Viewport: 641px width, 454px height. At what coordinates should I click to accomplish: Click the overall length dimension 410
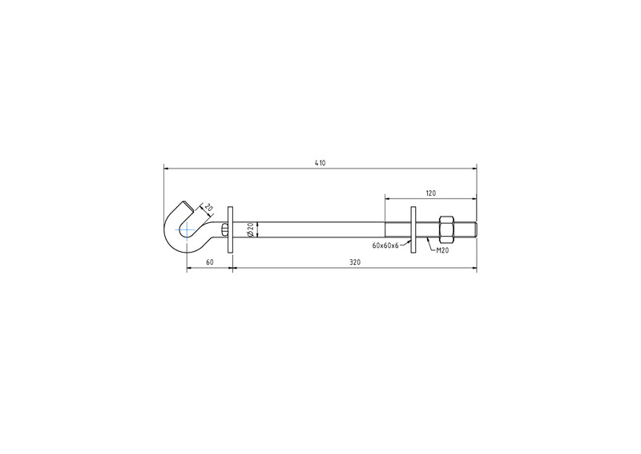click(320, 163)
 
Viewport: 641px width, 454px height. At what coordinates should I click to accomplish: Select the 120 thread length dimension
click(431, 193)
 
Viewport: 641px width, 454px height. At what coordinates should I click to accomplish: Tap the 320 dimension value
click(355, 262)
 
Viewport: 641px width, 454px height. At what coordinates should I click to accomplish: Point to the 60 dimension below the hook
click(209, 262)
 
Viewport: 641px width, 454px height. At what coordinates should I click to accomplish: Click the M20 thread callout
click(442, 250)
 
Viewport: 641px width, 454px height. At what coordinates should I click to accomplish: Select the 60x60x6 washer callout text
click(385, 245)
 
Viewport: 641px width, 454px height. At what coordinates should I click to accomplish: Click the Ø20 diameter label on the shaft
click(251, 229)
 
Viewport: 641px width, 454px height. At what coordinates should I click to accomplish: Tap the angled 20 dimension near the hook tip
click(208, 208)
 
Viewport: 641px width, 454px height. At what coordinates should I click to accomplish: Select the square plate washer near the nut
click(413, 229)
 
